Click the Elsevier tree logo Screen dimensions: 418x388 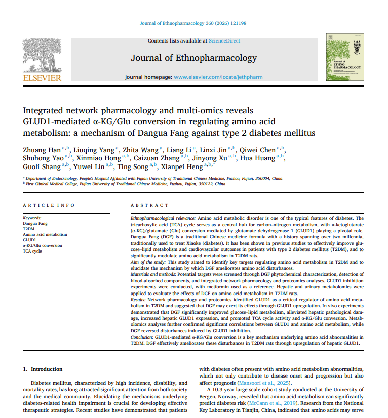coord(42,55)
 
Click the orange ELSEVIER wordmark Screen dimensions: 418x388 coord(42,78)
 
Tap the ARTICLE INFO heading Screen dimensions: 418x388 coord(49,205)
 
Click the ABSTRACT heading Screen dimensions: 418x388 coord(149,205)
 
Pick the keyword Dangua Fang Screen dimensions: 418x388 coord(35,223)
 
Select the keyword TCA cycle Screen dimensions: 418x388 coord(32,251)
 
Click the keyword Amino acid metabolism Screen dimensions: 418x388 coord(45,234)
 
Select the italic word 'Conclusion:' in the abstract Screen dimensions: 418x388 coord(142,337)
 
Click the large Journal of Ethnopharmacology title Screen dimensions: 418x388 coord(194,58)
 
